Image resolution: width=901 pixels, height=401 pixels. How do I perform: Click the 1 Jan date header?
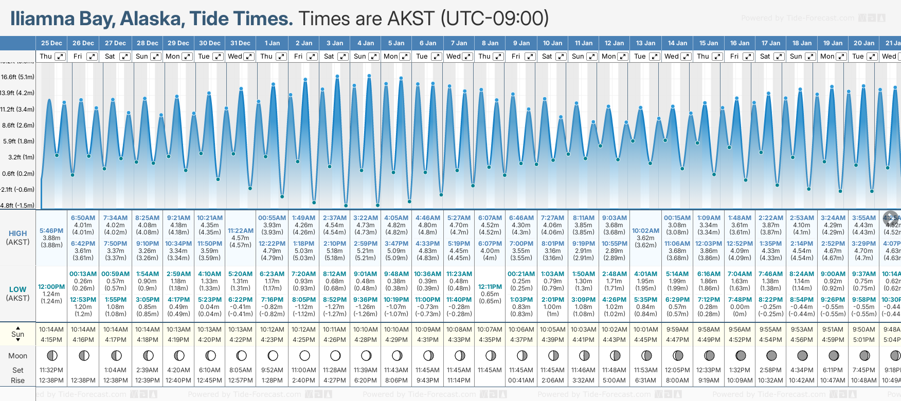[x=272, y=43]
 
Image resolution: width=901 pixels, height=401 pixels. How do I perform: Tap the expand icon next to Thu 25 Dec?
[x=60, y=57]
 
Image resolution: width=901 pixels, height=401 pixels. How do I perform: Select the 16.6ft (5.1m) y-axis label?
[x=17, y=77]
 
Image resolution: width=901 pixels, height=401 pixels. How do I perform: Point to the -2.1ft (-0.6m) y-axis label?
[x=17, y=190]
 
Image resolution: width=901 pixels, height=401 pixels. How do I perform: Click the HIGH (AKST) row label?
[x=17, y=238]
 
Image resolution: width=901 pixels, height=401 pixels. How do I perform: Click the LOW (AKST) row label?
[x=17, y=294]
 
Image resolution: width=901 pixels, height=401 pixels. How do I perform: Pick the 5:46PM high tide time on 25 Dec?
[x=51, y=231]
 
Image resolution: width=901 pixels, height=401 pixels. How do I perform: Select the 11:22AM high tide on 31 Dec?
[x=241, y=231]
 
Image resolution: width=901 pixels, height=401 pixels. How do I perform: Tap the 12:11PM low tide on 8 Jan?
[x=490, y=287]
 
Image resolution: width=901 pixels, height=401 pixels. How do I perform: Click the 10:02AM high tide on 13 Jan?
[x=645, y=231]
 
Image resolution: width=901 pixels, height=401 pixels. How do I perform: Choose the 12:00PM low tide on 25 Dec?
[x=51, y=287]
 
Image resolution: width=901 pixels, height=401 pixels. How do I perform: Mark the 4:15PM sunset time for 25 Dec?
[x=51, y=340]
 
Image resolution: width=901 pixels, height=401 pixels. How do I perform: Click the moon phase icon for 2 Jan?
[x=304, y=356]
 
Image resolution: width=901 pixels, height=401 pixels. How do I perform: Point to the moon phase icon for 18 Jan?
[x=802, y=356]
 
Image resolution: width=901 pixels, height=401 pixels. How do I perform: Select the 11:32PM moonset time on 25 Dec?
[x=51, y=370]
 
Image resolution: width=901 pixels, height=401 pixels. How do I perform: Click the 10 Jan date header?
[x=553, y=43]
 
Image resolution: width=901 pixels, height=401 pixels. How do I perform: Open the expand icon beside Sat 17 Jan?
[x=779, y=57]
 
